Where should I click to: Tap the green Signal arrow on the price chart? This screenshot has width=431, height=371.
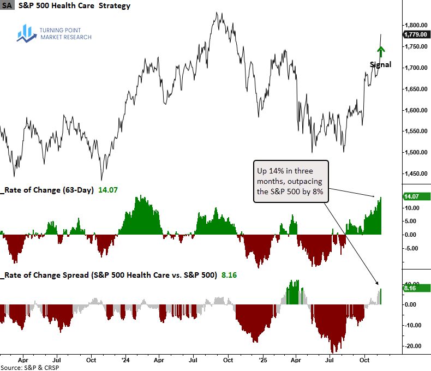381,52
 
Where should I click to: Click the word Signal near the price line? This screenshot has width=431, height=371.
380,64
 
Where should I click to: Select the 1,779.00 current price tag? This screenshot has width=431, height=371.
416,34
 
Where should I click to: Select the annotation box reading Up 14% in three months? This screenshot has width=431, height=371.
291,181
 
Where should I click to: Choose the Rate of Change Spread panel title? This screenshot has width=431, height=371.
109,276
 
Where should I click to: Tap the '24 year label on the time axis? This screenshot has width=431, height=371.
125,361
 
